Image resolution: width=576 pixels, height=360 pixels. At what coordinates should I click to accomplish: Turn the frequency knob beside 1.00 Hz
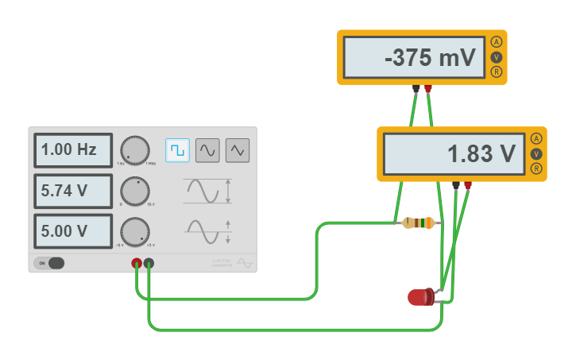[x=134, y=149]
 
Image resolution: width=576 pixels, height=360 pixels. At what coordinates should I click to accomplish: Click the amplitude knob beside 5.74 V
[x=134, y=191]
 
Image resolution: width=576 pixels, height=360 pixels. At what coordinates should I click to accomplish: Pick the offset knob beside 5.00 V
[x=134, y=231]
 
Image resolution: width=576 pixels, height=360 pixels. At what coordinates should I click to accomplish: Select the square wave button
[x=177, y=149]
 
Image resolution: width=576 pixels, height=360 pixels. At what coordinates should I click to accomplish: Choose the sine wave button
[x=207, y=149]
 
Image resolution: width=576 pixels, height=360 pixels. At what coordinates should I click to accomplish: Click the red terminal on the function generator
[x=137, y=263]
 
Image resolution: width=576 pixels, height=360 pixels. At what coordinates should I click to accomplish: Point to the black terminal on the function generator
[x=149, y=263]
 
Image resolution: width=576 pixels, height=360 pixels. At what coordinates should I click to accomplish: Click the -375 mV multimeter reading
[x=414, y=57]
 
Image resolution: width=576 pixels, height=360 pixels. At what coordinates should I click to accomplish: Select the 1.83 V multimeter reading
[x=454, y=153]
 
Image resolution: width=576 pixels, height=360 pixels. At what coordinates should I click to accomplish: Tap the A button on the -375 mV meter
[x=497, y=42]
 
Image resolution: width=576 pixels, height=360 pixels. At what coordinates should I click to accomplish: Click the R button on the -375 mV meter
[x=497, y=72]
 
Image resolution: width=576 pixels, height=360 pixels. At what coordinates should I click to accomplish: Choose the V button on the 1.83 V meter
[x=536, y=153]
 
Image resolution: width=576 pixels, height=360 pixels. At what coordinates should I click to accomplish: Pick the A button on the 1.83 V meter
[x=536, y=138]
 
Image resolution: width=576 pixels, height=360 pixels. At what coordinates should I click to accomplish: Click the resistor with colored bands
[x=418, y=223]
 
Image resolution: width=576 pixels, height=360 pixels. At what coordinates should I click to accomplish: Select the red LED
[x=420, y=297]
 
